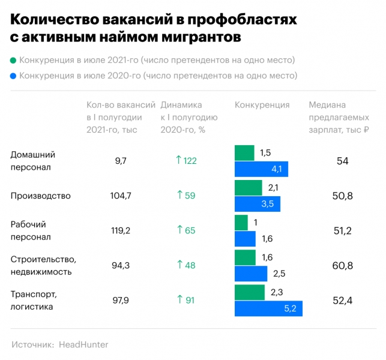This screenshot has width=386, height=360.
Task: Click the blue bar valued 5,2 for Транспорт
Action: pos(268,308)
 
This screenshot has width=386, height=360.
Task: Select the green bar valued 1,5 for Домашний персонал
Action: pos(244,153)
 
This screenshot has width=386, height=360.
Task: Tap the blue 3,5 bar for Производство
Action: pos(257,204)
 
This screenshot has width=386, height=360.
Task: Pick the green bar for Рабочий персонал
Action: pos(241,223)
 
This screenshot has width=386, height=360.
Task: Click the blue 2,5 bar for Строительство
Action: pos(251,274)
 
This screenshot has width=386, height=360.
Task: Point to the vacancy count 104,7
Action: pos(120,196)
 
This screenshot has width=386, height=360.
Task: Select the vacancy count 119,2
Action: pos(120,230)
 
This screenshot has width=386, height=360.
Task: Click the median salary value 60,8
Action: pos(342,265)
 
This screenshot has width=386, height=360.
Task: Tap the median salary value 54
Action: pos(342,161)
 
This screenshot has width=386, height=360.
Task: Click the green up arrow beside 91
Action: pos(178,300)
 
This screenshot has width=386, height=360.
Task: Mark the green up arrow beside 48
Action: pos(178,265)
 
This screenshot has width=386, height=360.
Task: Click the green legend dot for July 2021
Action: pos(13,61)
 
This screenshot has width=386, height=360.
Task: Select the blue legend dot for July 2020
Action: pos(13,76)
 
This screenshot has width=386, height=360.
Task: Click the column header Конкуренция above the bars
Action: pos(262,105)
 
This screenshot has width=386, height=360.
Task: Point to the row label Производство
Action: pos(41,196)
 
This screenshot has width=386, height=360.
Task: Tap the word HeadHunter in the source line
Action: pos(83,345)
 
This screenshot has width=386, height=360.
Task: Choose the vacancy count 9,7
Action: pos(120,161)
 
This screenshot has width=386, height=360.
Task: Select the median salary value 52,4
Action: pos(342,300)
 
